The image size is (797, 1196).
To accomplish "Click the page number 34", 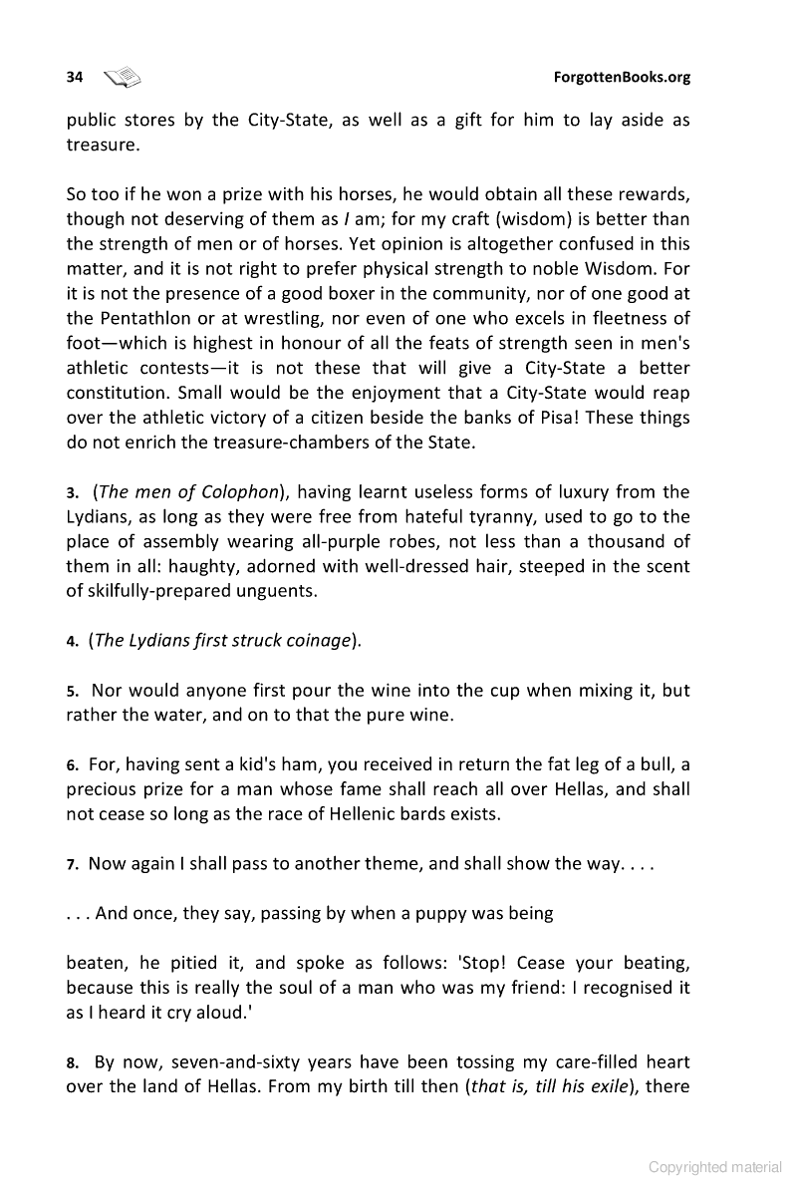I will click(74, 77).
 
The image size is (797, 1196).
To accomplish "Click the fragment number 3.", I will click(72, 492).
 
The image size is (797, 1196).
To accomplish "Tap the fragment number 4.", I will click(72, 642).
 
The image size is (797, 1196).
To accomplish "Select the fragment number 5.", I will click(72, 692).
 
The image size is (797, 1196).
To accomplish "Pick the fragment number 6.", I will click(72, 766).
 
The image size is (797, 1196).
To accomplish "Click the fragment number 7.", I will click(72, 865).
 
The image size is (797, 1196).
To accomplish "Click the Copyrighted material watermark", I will click(715, 1167).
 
